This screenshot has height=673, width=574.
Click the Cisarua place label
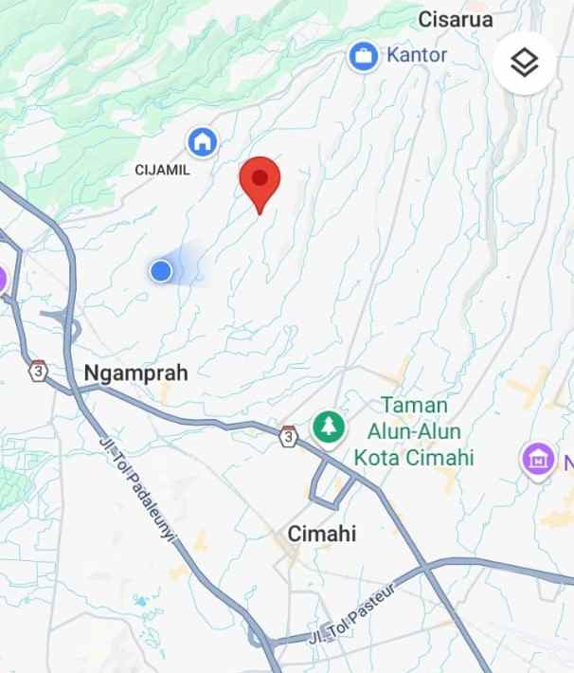(455, 18)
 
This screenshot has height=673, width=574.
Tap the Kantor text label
(417, 55)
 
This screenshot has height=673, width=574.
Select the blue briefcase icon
(362, 56)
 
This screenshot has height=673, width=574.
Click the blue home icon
(202, 143)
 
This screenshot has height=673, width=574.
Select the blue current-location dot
(161, 272)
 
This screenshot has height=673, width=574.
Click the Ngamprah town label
(136, 373)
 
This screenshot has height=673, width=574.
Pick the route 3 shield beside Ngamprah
(38, 370)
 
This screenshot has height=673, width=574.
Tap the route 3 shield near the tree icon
(288, 436)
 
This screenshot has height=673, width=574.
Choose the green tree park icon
(328, 425)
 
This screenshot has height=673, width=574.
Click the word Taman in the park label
(414, 405)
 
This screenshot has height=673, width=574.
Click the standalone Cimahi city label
(323, 535)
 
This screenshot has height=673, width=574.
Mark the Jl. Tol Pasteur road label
(356, 614)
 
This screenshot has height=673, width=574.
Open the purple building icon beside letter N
(537, 461)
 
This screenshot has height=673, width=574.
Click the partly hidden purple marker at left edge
(3, 279)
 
